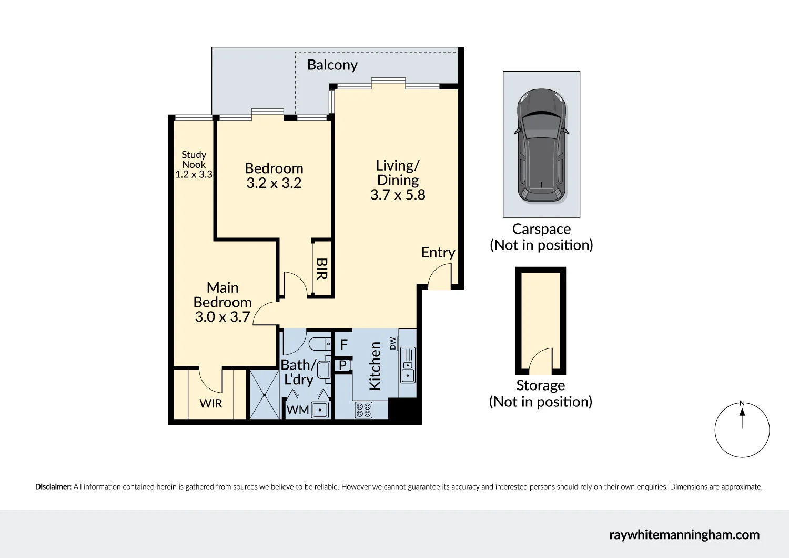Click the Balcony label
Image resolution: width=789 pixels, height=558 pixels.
[x=332, y=65]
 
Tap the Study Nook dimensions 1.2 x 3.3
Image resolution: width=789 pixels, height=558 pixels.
[x=194, y=174]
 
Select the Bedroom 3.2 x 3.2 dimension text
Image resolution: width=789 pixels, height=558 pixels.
[x=274, y=183]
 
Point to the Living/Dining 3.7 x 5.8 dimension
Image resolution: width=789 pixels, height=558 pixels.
[x=398, y=195]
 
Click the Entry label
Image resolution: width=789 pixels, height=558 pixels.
[x=438, y=253]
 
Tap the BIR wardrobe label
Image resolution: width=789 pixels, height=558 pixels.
[x=321, y=268]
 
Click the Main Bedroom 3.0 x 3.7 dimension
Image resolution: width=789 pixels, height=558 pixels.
[x=222, y=317]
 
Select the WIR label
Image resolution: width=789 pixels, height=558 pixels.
[x=211, y=404]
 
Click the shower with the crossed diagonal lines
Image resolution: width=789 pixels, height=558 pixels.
[x=264, y=395]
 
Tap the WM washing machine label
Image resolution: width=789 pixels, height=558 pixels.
[x=297, y=410]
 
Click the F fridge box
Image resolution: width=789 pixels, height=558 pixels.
[x=343, y=345]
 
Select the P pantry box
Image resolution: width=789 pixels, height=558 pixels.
[x=342, y=365]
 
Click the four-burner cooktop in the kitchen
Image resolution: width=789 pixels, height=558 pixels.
[x=363, y=410]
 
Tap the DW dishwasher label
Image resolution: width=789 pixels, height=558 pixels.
[x=393, y=343]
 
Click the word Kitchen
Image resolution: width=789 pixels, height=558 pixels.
[x=375, y=366]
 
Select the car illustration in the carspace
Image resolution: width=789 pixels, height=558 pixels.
[x=541, y=146]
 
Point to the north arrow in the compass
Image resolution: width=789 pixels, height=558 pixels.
[x=742, y=416]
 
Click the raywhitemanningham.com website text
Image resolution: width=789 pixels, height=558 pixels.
[x=684, y=535]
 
